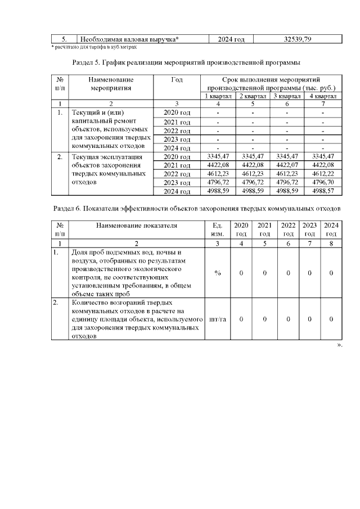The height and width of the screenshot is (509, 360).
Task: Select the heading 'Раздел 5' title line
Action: (186, 60)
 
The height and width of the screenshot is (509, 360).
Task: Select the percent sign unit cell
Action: (217, 273)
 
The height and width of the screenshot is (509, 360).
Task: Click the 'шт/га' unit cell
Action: (217, 319)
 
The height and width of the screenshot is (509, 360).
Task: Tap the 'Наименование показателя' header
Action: (136, 225)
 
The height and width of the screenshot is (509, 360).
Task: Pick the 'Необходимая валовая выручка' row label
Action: (129, 39)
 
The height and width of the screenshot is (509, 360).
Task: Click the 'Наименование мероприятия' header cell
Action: (110, 84)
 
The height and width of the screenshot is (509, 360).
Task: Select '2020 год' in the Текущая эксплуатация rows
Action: (177, 156)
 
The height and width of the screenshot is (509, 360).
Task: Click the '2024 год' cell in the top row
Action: (231, 39)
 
